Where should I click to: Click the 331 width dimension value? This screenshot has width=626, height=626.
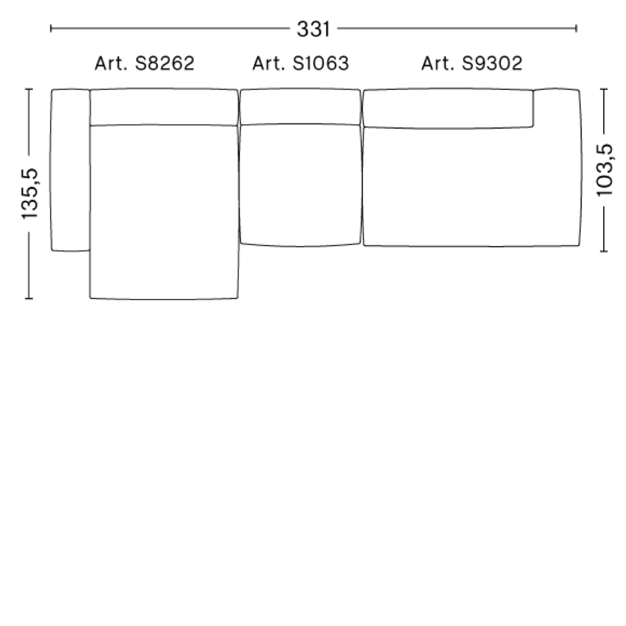313,29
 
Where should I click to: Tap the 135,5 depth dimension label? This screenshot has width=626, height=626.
30,194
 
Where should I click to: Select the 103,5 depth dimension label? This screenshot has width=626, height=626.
605,170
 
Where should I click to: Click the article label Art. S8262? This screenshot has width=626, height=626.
145,63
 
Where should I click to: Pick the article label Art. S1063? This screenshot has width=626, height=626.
300,63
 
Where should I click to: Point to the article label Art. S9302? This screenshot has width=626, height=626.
472,63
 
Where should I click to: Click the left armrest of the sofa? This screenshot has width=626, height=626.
70,170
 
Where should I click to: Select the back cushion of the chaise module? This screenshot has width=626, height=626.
164,107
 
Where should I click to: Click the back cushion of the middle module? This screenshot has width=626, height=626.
300,107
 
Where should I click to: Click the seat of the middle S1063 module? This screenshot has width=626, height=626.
300,184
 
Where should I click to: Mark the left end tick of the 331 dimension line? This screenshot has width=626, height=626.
51,28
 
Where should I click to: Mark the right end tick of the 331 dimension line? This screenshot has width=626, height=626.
576,28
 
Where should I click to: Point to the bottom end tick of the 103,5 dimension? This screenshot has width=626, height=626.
604,251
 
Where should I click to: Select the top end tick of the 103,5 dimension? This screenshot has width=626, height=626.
604,89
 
